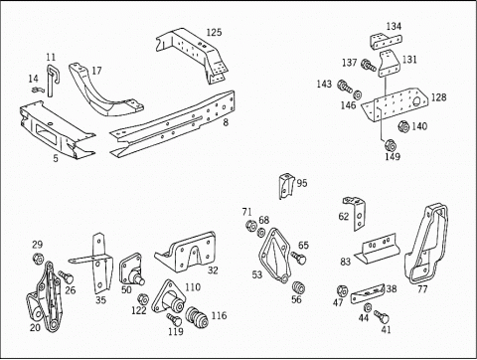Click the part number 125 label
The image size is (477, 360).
[214, 33]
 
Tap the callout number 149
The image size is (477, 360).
[393, 156]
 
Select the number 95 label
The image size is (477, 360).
[302, 183]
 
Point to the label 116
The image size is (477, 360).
[219, 315]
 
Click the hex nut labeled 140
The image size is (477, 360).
[403, 126]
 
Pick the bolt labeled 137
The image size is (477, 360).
[369, 65]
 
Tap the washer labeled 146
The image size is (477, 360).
[358, 94]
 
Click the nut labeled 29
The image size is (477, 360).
[37, 259]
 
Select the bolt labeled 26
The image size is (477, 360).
[66, 276]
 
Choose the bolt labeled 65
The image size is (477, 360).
[299, 258]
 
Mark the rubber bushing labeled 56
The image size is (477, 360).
[299, 287]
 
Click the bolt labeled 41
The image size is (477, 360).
[382, 316]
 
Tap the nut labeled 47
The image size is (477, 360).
[342, 291]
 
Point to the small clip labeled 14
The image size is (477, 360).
[37, 89]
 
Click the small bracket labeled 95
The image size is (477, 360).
[286, 186]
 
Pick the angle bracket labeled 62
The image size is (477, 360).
[357, 213]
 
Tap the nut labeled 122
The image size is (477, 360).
[142, 298]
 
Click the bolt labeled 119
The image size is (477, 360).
[175, 319]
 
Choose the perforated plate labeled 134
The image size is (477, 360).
[387, 42]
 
